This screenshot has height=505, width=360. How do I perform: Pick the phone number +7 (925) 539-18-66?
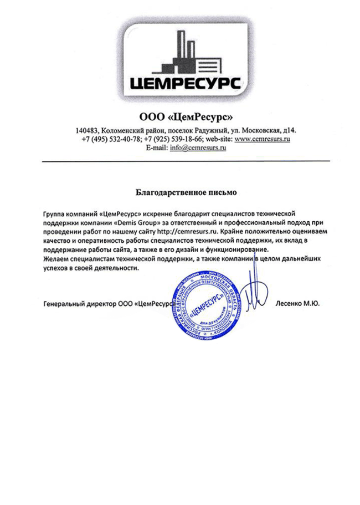point(173,139)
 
